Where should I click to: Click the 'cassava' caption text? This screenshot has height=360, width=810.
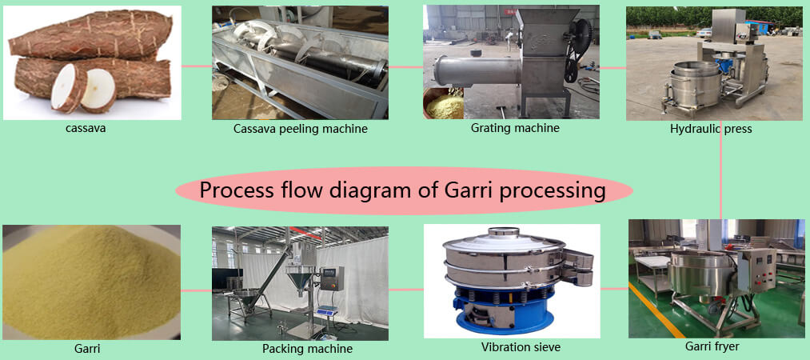[x=86, y=128]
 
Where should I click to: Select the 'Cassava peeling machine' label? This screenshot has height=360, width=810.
[x=301, y=129]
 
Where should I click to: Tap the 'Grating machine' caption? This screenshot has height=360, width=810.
[x=515, y=127]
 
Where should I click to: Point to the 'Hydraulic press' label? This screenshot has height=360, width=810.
[x=711, y=129]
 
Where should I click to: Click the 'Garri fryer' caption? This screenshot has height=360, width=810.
[x=712, y=346]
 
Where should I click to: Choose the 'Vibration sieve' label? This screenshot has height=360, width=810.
[x=521, y=346]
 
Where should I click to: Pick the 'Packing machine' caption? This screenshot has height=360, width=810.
[x=307, y=349]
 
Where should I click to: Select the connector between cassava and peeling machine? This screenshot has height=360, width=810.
[x=197, y=66]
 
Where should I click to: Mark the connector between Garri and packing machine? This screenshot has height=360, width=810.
[x=196, y=290]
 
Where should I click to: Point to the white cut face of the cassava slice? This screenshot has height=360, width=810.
[x=98, y=88]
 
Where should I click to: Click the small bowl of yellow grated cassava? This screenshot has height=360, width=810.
[x=443, y=104]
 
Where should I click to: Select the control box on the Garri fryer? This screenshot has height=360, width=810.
[x=756, y=270]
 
